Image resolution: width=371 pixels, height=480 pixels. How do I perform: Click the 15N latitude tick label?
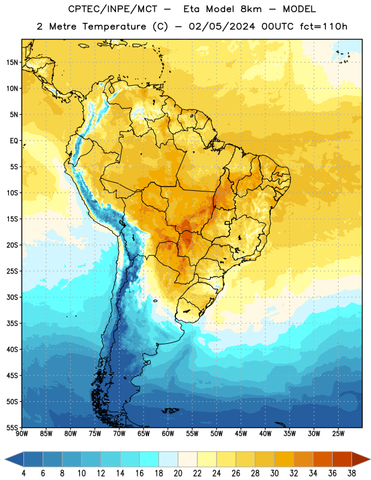(12, 62)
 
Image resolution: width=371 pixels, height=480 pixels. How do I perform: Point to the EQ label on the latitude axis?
(14, 141)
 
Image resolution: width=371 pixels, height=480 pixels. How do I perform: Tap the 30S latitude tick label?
(12, 297)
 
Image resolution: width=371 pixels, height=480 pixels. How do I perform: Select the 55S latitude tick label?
(12, 427)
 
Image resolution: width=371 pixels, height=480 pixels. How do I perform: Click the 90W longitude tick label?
(22, 434)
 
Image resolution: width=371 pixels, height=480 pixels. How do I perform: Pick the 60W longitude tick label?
(168, 434)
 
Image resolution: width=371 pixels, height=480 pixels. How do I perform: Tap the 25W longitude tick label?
(338, 434)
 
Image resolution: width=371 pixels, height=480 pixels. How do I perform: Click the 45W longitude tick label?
(241, 434)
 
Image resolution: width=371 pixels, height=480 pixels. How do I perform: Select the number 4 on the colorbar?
(23, 473)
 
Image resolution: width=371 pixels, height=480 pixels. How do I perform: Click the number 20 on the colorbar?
(178, 473)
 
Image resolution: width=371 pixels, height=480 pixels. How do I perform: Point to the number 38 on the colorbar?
(352, 473)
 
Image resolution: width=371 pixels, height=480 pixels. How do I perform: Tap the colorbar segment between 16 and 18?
(149, 459)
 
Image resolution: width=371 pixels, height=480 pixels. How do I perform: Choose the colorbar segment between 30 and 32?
(284, 459)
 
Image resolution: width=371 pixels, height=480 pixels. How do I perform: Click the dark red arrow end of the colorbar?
(360, 459)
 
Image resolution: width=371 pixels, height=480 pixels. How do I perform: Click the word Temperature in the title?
(114, 26)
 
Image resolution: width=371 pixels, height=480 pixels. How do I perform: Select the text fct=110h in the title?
(324, 26)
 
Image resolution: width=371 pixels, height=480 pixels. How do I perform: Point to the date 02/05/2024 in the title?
(222, 26)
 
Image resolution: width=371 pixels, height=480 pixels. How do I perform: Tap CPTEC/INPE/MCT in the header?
(112, 9)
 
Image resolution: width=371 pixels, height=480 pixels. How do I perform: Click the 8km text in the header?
(251, 9)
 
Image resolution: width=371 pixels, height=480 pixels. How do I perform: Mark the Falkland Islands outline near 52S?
(170, 410)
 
